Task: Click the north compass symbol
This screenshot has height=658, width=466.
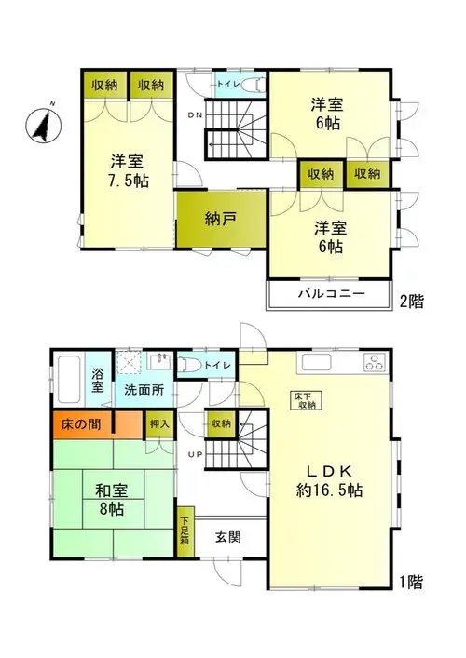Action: (43, 124)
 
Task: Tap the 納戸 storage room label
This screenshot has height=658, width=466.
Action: (221, 219)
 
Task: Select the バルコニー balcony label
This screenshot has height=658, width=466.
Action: (332, 294)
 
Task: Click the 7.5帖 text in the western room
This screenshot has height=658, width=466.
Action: (129, 181)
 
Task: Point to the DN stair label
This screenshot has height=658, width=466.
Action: (195, 115)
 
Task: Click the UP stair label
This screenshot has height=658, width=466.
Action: (196, 454)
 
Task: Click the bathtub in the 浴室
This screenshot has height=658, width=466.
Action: (69, 379)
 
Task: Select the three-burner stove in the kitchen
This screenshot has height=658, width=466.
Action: (375, 362)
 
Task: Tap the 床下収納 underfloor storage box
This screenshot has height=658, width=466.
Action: (306, 400)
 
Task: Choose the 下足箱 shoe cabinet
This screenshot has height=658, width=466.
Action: (185, 532)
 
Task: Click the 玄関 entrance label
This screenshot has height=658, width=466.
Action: (228, 538)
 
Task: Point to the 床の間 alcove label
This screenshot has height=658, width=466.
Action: (81, 424)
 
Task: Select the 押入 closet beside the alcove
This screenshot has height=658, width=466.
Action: (159, 424)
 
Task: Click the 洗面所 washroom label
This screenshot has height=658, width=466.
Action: (144, 390)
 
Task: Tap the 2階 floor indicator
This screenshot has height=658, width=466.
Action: (412, 302)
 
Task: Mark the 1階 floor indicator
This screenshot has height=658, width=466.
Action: (411, 582)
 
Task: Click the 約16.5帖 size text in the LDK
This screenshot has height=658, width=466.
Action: (329, 490)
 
